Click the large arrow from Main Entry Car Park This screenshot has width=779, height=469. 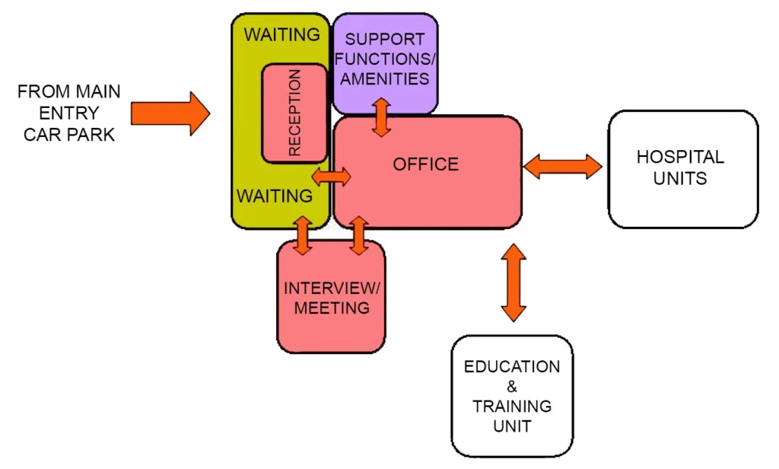[x=170, y=114]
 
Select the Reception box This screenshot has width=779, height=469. [x=284, y=113]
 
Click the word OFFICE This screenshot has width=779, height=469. [x=425, y=164]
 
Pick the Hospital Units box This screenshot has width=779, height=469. [x=682, y=169]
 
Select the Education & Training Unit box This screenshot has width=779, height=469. [x=511, y=396]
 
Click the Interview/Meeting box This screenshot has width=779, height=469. [x=331, y=298]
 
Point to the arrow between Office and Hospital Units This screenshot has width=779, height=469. [x=562, y=166]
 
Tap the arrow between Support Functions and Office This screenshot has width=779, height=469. [x=381, y=116]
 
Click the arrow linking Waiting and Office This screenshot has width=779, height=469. [x=332, y=177]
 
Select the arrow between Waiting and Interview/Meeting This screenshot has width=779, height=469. [x=303, y=235]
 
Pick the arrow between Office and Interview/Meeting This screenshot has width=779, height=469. [x=358, y=235]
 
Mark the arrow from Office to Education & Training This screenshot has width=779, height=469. [x=514, y=282]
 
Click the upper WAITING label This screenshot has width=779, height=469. [x=281, y=35]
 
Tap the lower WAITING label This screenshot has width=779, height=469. [x=274, y=196]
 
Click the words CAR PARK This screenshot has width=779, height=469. [x=68, y=135]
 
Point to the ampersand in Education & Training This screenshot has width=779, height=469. [x=511, y=386]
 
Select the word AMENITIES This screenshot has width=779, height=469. [x=385, y=78]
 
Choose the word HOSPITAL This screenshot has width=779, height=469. [x=680, y=158]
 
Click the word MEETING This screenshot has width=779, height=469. [x=332, y=308]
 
